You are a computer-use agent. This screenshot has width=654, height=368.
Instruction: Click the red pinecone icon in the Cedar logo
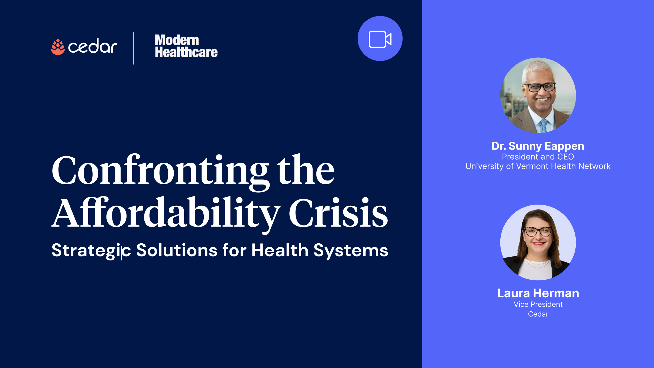58,47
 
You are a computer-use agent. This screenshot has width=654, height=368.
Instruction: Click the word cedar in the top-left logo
92,47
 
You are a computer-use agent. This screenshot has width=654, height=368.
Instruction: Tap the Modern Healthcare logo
186,46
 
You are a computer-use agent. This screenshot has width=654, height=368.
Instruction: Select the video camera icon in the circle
380,39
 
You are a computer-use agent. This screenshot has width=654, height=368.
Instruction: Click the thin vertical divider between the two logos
133,48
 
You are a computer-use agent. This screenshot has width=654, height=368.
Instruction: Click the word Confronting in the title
160,171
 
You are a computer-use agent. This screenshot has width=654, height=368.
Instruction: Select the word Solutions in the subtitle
177,250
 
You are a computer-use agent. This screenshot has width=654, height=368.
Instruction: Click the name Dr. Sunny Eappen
538,146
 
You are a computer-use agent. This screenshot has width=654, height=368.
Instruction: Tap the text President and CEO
538,157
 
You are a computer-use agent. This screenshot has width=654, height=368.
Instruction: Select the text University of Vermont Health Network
538,166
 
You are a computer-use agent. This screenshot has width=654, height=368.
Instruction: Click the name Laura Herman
538,293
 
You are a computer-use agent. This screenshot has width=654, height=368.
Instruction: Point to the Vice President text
538,304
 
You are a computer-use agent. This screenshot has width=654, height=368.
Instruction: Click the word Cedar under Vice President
538,314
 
